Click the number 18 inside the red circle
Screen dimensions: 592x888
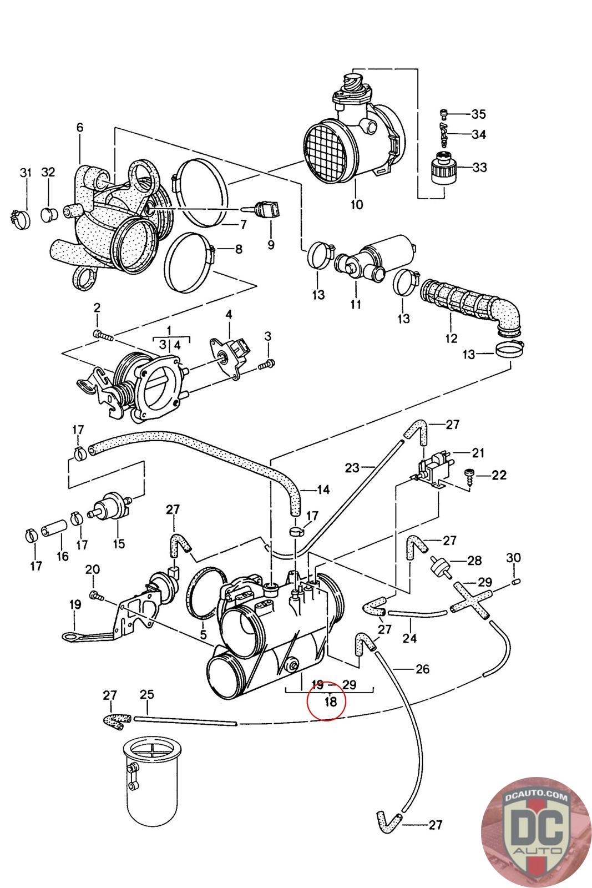(330, 702)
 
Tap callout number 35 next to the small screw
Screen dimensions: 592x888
(478, 114)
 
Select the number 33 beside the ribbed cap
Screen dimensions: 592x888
(479, 167)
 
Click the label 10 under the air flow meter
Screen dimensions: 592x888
(357, 205)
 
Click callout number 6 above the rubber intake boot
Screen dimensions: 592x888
(80, 127)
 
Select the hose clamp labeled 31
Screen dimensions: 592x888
(20, 219)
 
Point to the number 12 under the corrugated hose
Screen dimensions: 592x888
(451, 338)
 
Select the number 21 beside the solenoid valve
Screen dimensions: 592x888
(478, 453)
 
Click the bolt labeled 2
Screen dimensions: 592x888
(103, 336)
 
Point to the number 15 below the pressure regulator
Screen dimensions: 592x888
(119, 544)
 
